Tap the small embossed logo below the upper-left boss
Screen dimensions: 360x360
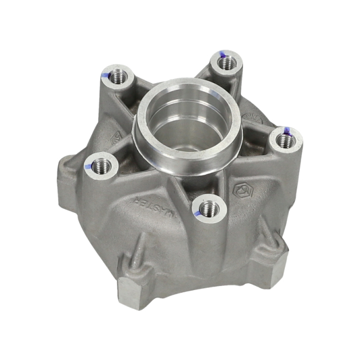[x=115, y=136]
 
